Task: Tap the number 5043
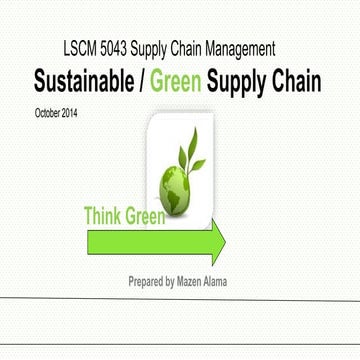[x=123, y=47]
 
